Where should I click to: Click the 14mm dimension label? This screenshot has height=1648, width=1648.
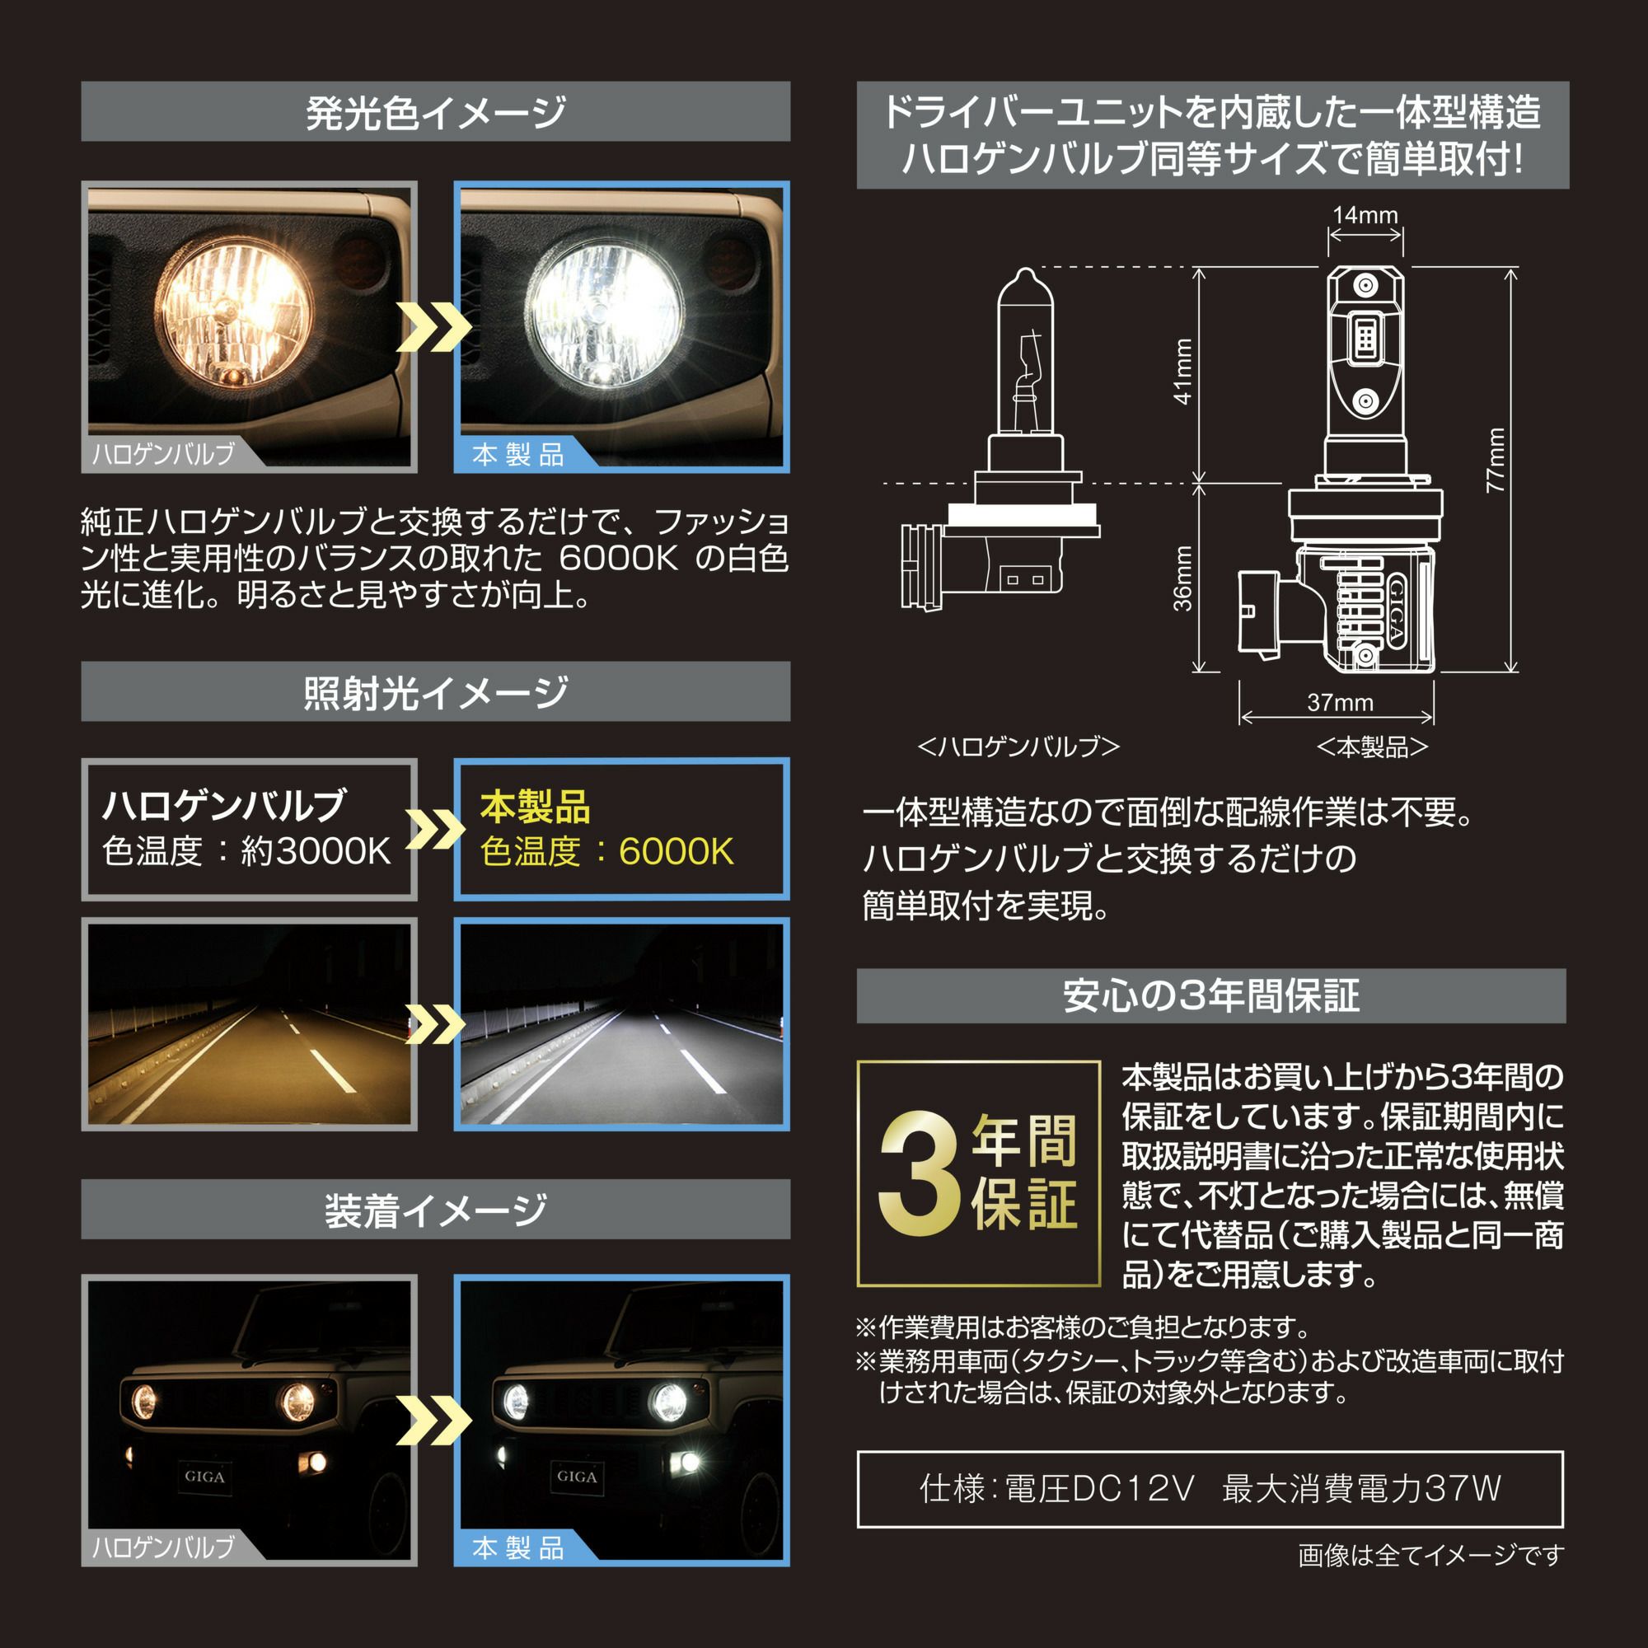coord(1365,215)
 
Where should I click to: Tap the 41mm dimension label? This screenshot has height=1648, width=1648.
coord(1182,371)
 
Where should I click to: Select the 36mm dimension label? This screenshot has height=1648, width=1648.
coord(1182,578)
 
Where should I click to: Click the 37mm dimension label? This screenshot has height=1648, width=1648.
coord(1340,702)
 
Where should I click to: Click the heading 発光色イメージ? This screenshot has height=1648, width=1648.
coord(435,112)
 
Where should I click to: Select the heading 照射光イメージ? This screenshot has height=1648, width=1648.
coord(435,692)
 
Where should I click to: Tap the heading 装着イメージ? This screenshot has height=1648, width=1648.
coord(435,1210)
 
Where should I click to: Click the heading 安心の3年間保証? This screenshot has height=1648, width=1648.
coord(1210,995)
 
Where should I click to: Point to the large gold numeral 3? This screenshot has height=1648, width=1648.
coord(919,1174)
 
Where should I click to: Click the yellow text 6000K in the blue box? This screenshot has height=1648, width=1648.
coord(676,851)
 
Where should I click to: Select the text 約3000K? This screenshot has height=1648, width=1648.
coord(316,850)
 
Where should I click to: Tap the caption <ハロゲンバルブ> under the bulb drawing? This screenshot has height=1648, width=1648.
coord(1018,747)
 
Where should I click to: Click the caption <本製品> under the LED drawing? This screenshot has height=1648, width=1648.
coord(1372,747)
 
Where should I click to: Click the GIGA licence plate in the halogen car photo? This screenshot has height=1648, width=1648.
coord(204,1477)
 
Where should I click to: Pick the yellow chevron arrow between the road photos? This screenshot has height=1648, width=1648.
coord(435,1023)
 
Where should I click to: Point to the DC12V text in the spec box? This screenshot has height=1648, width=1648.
coord(1131,1489)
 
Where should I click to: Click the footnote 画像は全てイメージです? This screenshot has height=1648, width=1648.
coord(1430,1556)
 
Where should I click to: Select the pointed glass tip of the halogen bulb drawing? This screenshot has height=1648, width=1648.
coord(1025,270)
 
